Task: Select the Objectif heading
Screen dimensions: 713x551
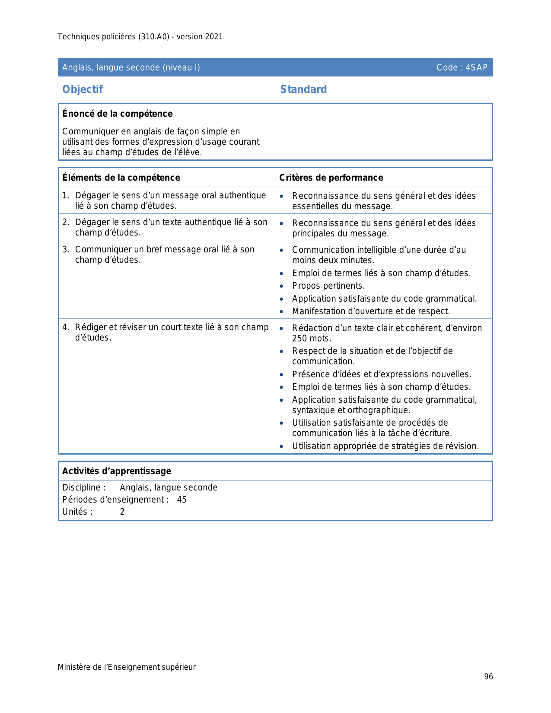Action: click(x=83, y=89)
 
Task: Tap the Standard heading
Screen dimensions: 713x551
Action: click(x=303, y=89)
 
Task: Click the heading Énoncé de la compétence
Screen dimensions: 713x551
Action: click(x=117, y=114)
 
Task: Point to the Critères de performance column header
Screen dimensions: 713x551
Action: click(x=331, y=178)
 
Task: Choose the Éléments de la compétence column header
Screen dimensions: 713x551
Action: click(x=121, y=178)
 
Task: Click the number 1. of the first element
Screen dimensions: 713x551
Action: click(x=66, y=196)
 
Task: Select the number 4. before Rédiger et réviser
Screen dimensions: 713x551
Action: click(x=66, y=327)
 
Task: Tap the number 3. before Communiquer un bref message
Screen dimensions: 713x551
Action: click(x=66, y=249)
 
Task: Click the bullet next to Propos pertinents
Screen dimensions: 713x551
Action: click(x=282, y=286)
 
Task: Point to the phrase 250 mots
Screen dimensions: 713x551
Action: click(x=312, y=338)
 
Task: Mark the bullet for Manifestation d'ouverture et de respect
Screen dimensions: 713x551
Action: click(x=282, y=312)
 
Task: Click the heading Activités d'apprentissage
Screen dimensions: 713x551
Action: click(x=117, y=471)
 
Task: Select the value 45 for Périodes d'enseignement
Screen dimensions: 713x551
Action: click(x=182, y=500)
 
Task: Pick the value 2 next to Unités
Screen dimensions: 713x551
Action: click(x=122, y=512)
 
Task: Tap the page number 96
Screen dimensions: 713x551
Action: click(x=488, y=677)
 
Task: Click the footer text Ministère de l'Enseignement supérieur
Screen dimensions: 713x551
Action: click(x=127, y=667)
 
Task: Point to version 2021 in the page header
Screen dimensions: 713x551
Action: click(x=200, y=37)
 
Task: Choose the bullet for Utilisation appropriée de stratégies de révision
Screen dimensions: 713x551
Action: click(x=282, y=447)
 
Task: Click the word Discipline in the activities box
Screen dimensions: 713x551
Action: click(x=82, y=487)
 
